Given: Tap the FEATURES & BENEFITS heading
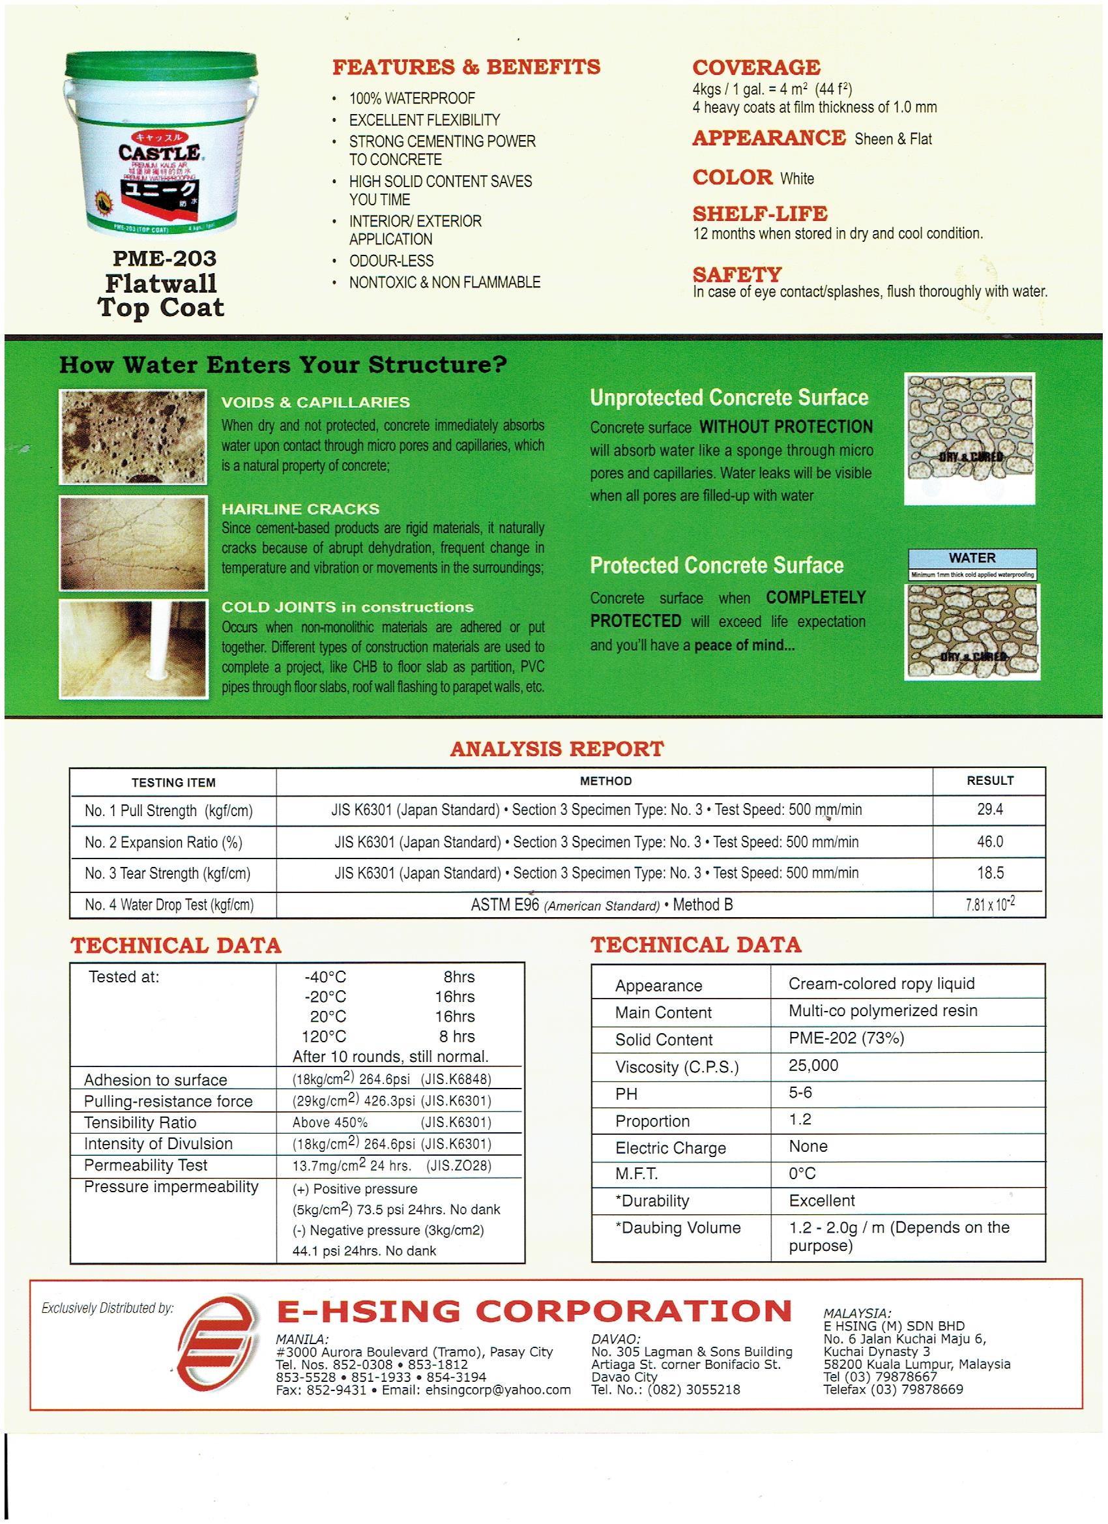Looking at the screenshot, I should tap(466, 67).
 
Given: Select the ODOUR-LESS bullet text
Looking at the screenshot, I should tap(391, 261).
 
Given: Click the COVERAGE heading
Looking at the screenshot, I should tap(756, 67).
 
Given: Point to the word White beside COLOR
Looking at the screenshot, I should tap(797, 179).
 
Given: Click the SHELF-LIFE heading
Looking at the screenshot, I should tap(760, 214).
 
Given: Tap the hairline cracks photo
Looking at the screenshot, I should tap(132, 543).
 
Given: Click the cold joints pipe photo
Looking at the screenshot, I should tap(132, 649).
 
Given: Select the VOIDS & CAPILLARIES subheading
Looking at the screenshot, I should tap(315, 402).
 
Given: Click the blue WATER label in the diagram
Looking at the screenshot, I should tap(972, 558).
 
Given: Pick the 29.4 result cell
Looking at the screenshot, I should tap(990, 809).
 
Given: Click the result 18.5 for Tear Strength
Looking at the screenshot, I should tap(990, 873).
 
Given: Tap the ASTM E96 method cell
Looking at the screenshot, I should tap(602, 905).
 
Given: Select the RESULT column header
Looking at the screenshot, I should tap(990, 780).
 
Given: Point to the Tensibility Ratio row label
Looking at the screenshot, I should tap(139, 1122).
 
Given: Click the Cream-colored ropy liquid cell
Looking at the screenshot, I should tap(881, 984).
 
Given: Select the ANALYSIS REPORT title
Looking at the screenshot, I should tap(557, 748).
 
